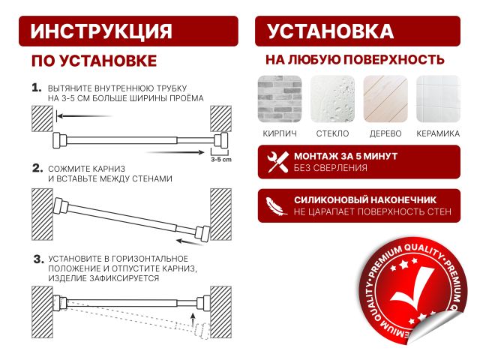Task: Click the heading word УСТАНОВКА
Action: click(x=330, y=31)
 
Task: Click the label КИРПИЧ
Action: click(x=279, y=133)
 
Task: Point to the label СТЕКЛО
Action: click(x=332, y=133)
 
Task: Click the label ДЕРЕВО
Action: click(x=385, y=133)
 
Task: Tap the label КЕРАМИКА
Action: click(x=438, y=133)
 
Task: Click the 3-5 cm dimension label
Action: click(x=220, y=160)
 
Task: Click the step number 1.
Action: click(x=36, y=88)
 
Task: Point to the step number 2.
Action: click(x=36, y=168)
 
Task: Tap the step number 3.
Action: click(x=36, y=259)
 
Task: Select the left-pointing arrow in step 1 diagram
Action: click(x=82, y=116)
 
